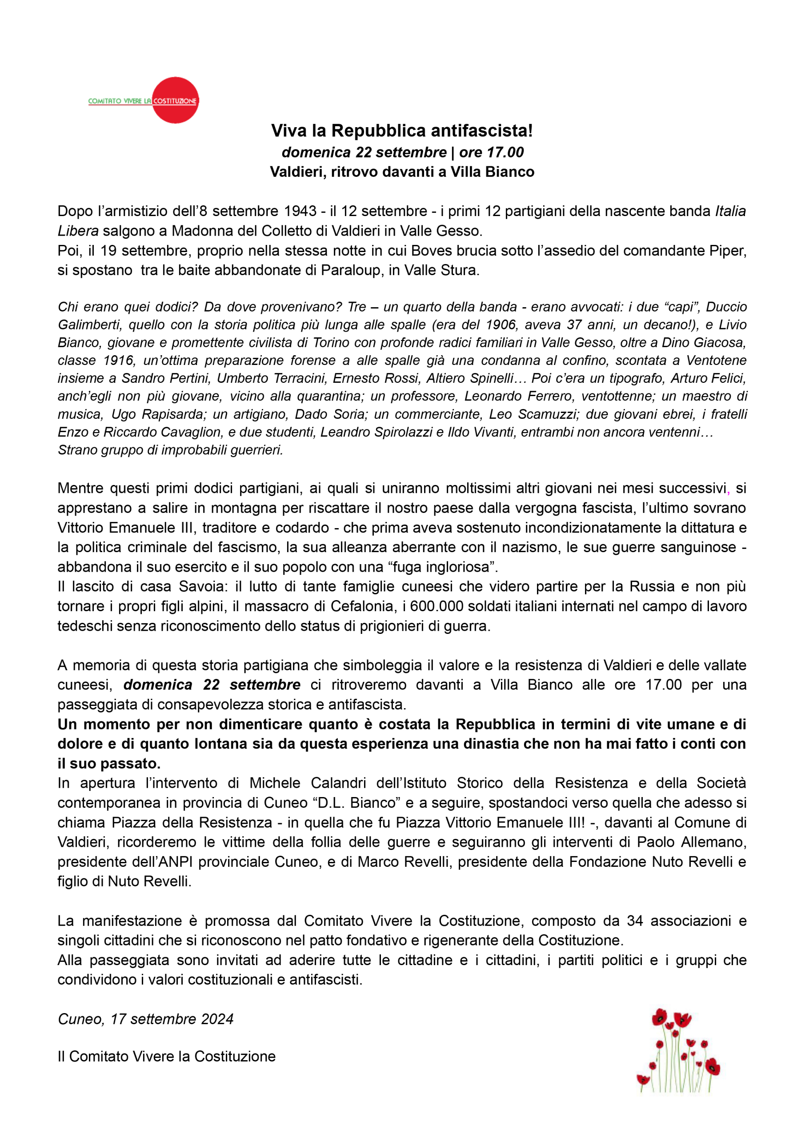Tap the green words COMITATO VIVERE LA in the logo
click(120, 101)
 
